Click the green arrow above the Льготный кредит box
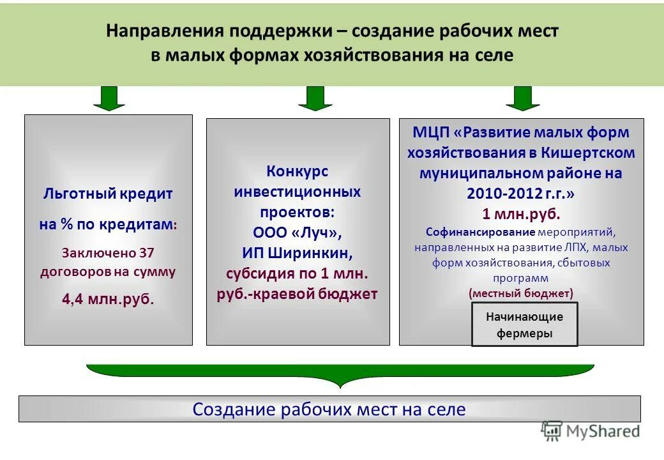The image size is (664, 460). [109, 98]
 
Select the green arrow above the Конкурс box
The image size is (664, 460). [315, 98]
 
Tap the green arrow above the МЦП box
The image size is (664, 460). [523, 98]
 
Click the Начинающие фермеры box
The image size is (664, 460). [524, 325]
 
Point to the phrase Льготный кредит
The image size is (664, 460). [108, 194]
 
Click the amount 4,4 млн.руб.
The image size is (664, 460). [108, 298]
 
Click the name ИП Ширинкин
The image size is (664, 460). [297, 253]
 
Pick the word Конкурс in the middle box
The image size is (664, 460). [297, 171]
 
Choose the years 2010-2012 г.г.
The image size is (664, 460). [522, 193]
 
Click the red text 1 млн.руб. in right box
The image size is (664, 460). [522, 213]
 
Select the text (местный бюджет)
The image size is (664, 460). [522, 293]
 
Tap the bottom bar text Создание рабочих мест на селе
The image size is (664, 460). [329, 410]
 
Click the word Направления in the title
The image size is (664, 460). [162, 31]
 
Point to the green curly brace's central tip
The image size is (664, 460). [340, 386]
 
